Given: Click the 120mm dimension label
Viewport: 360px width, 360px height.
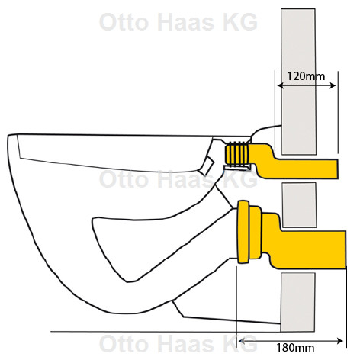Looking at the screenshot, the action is [x=306, y=76].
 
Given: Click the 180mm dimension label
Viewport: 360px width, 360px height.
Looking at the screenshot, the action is [x=295, y=347].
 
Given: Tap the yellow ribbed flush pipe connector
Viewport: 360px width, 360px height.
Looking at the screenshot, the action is [x=237, y=154].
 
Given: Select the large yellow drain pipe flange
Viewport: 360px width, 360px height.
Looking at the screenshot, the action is [x=243, y=232].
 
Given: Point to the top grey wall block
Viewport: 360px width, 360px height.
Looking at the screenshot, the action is [x=298, y=82].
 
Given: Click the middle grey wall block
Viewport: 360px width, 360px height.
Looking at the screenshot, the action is [x=299, y=205].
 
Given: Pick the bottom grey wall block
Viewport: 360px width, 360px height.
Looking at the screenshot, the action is [x=298, y=302].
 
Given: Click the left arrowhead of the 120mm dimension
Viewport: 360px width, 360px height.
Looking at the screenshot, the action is [x=280, y=85].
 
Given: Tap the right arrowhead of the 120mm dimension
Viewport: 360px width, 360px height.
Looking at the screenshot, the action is [x=333, y=85].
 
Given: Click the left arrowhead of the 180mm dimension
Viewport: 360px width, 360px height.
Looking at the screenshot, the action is [x=242, y=341].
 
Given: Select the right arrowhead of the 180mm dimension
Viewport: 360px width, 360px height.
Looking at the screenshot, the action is [x=340, y=341].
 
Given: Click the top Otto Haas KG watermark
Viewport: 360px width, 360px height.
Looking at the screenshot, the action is [x=178, y=22].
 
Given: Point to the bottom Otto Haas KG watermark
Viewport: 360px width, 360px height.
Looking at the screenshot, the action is [x=178, y=343].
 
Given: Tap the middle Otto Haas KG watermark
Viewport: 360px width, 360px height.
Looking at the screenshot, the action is [x=178, y=179].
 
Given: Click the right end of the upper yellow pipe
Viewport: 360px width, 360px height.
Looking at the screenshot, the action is [x=337, y=169].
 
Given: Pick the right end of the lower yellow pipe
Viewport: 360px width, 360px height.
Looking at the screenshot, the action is [x=346, y=249].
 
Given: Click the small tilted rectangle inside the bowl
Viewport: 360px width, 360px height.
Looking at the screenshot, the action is [x=206, y=166].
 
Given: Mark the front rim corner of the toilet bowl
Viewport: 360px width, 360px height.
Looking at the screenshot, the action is [x=8, y=135].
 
